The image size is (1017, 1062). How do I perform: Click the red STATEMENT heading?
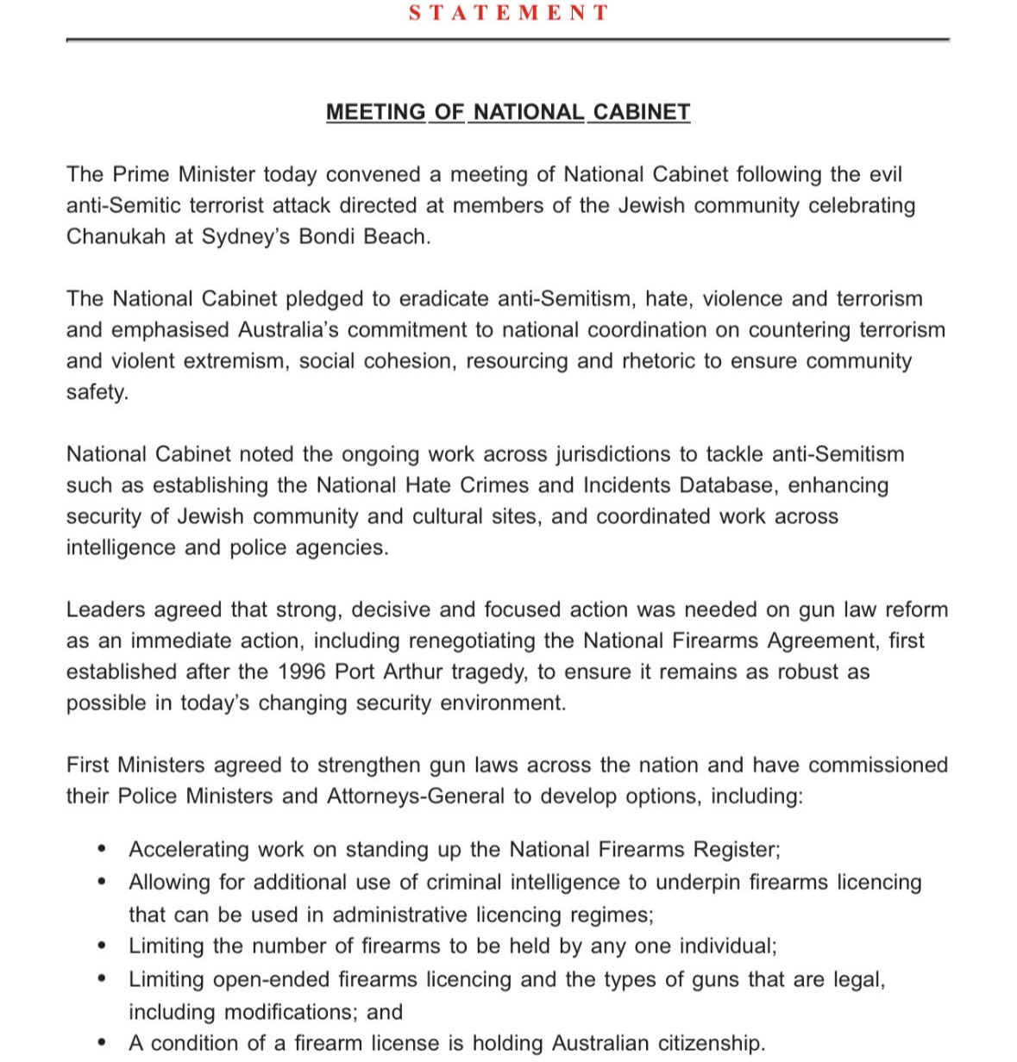(x=508, y=13)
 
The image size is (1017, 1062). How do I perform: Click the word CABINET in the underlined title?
(x=640, y=112)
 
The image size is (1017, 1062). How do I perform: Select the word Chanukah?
(x=116, y=237)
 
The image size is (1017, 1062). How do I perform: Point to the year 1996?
(x=303, y=672)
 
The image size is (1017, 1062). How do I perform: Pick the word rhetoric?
(x=660, y=361)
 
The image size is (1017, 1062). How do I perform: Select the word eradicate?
(x=443, y=299)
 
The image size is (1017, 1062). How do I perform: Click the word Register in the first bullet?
(x=738, y=850)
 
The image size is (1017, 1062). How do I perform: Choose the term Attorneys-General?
(x=416, y=796)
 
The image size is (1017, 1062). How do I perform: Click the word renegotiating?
(x=492, y=641)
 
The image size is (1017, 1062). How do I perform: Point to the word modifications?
(x=292, y=1012)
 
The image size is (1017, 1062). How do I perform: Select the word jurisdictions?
(x=627, y=454)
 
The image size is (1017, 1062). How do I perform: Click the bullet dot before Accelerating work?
(x=104, y=849)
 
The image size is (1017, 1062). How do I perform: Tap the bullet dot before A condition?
(x=104, y=1042)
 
